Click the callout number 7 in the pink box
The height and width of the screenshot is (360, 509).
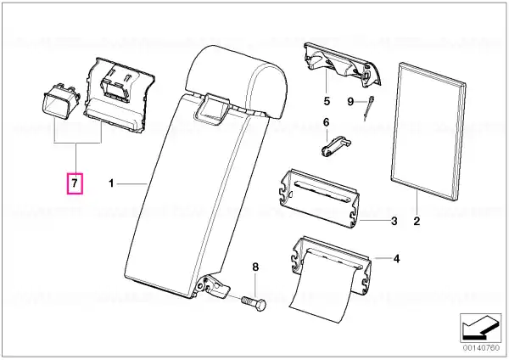(x=75, y=183)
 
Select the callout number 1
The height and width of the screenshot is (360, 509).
(x=111, y=183)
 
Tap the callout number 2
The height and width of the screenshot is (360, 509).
(x=417, y=222)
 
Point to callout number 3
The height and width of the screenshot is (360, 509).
(x=394, y=222)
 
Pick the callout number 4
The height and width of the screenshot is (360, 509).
(x=396, y=259)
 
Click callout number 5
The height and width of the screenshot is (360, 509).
(x=327, y=101)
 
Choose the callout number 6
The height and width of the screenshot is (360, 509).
(x=327, y=122)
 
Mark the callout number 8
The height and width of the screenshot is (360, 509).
(x=255, y=267)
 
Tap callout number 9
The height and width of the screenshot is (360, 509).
(x=350, y=102)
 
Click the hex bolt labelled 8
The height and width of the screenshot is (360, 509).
(x=254, y=303)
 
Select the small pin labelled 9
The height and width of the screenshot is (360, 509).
(x=369, y=108)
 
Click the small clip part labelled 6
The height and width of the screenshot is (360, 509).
(x=335, y=146)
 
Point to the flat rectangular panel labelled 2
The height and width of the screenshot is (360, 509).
(x=428, y=130)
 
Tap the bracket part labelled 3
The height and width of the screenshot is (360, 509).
(x=320, y=198)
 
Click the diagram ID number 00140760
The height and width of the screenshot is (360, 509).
(x=481, y=348)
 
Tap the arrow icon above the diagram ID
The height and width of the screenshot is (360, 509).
(x=481, y=328)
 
